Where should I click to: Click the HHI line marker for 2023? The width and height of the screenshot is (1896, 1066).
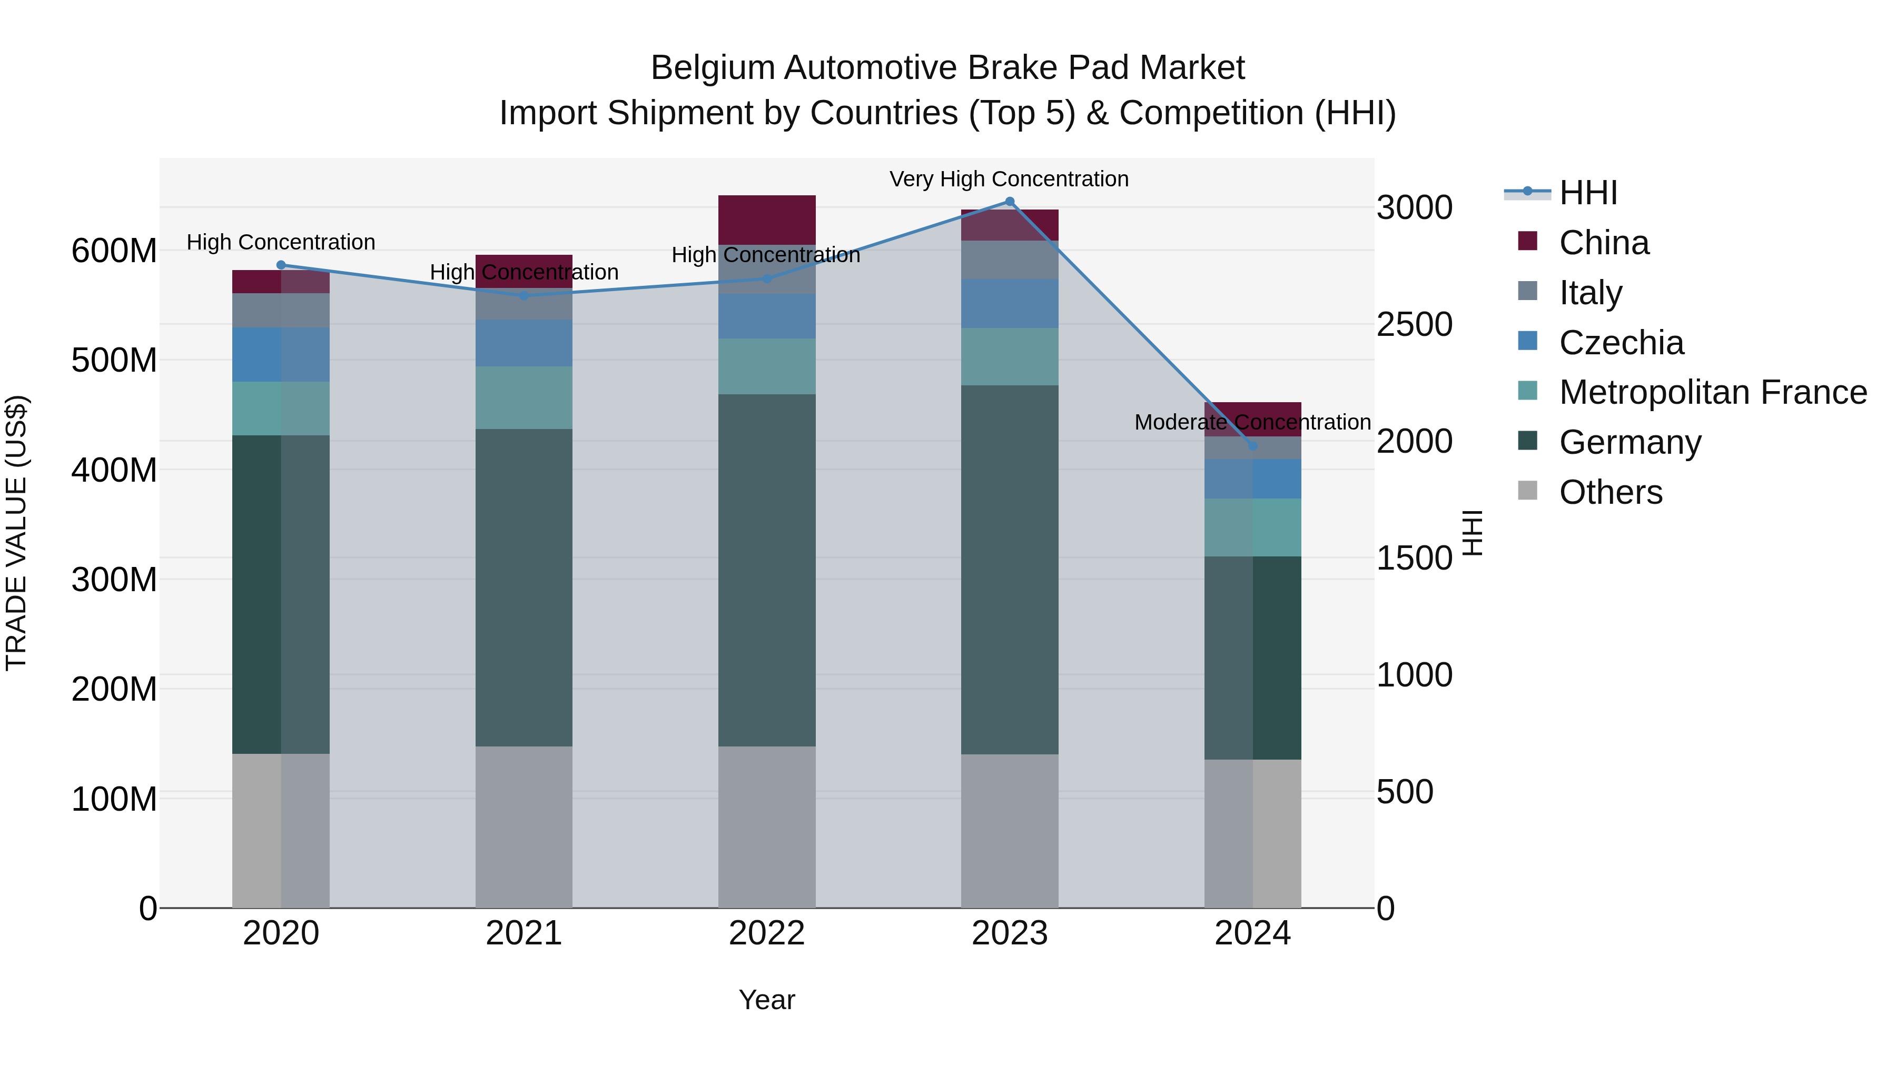[x=1010, y=202]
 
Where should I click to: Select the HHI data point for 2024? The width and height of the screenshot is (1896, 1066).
[x=1253, y=446]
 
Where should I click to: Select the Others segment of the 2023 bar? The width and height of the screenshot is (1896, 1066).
[x=1010, y=831]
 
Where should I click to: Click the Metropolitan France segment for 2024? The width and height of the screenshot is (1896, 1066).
[x=1253, y=527]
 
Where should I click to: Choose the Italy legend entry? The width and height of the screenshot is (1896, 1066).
[x=1590, y=293]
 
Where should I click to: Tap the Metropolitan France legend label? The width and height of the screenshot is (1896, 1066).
[x=1713, y=392]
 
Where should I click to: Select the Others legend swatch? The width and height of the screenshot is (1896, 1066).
[x=1527, y=491]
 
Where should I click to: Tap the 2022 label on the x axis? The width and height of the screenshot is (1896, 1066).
[x=767, y=933]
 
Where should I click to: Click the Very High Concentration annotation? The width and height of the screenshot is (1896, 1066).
[x=1009, y=179]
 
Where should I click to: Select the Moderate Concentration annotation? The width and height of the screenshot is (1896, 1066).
[x=1253, y=422]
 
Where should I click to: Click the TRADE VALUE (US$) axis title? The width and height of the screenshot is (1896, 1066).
[x=16, y=533]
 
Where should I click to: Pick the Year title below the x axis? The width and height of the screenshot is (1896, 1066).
[x=767, y=1000]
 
